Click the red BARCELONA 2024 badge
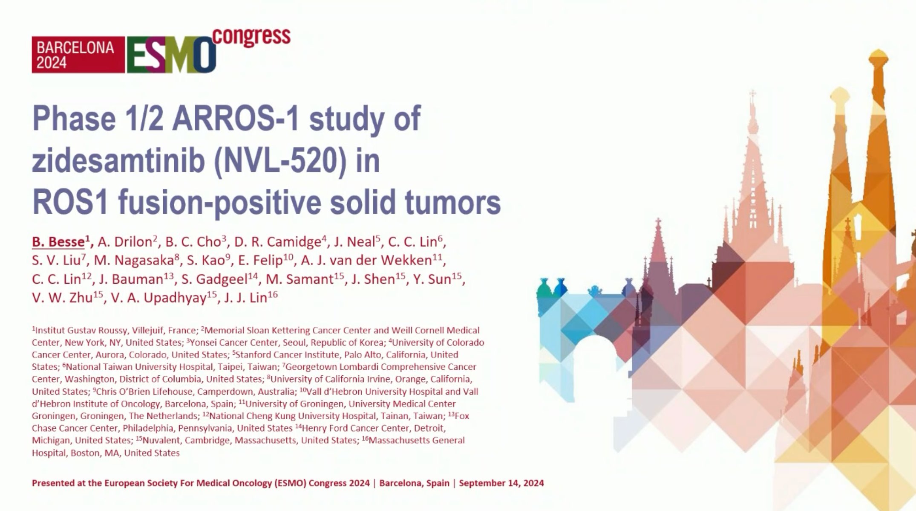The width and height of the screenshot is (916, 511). click(x=78, y=55)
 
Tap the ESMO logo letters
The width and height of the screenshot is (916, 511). click(x=171, y=55)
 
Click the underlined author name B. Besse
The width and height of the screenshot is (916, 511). click(x=58, y=242)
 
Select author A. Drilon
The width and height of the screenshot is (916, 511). click(x=125, y=242)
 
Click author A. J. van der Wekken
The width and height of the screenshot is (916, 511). click(x=366, y=260)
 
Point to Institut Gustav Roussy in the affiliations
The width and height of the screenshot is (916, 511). click(x=81, y=331)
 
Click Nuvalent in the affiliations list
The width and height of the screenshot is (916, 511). click(x=162, y=440)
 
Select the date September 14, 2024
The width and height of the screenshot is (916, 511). click(x=501, y=483)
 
